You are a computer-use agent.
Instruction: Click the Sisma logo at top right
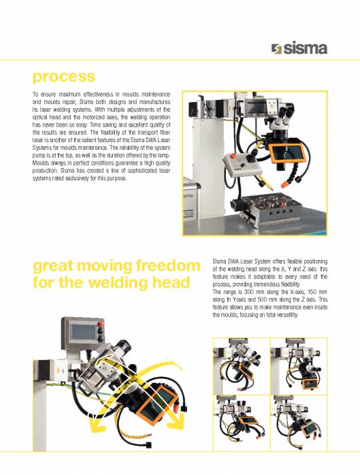pos(299,49)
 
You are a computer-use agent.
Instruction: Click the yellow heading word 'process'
pos(64,77)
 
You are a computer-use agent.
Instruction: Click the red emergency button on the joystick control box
pos(233,157)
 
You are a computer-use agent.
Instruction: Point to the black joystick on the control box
pos(250,158)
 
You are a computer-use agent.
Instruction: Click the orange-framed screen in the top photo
pos(288,152)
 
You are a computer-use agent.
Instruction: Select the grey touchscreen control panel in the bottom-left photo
pos(83,333)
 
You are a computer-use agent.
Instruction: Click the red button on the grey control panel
pos(101,324)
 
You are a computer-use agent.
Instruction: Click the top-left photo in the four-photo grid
pos(241,366)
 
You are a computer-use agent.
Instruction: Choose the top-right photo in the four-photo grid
pos(299,366)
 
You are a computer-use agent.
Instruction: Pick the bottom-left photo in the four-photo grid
pos(241,423)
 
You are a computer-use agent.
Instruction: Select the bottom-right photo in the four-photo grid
pos(299,423)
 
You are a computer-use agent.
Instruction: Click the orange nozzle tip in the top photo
pos(284,184)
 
